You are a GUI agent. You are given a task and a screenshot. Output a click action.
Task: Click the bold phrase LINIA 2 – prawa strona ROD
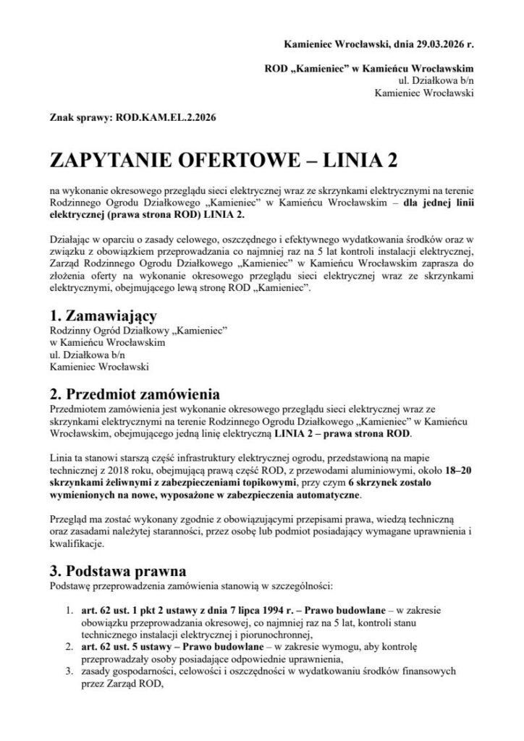coord(342,433)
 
